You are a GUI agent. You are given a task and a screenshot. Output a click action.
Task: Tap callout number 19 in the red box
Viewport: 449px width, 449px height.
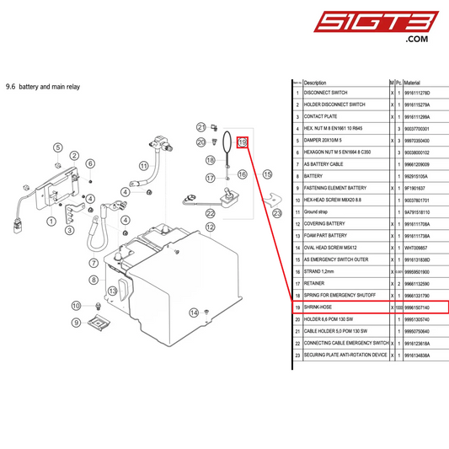click(243, 143)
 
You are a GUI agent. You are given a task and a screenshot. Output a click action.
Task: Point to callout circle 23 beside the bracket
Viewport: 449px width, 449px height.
click(280, 213)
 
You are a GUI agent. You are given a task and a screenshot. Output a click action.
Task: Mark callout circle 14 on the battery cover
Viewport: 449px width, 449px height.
click(194, 313)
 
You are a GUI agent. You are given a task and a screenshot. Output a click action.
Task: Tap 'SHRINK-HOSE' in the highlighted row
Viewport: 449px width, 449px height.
click(322, 307)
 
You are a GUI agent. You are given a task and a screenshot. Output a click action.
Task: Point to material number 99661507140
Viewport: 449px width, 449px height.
click(418, 307)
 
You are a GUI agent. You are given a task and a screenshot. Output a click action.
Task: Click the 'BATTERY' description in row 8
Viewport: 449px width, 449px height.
click(314, 177)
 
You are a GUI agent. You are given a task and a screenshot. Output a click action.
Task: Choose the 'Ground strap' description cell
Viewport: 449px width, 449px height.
click(318, 212)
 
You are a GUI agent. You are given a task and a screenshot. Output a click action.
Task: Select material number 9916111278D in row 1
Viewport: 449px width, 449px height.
click(418, 93)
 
